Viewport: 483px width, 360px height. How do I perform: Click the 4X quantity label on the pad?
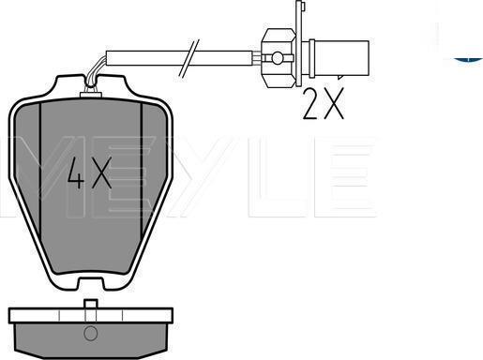click(x=90, y=172)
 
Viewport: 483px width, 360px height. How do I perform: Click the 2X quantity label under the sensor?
click(x=324, y=103)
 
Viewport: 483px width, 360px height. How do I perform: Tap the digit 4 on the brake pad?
click(x=76, y=172)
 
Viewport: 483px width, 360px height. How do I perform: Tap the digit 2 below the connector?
click(x=310, y=103)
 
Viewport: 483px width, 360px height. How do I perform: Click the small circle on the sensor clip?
click(x=277, y=58)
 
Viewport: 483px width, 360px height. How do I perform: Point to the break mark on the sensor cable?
click(x=189, y=58)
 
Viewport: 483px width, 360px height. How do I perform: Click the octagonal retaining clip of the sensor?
click(x=279, y=58)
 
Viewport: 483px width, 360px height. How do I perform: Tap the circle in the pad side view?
click(x=90, y=333)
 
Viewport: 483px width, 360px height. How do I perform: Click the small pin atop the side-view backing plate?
click(x=91, y=304)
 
